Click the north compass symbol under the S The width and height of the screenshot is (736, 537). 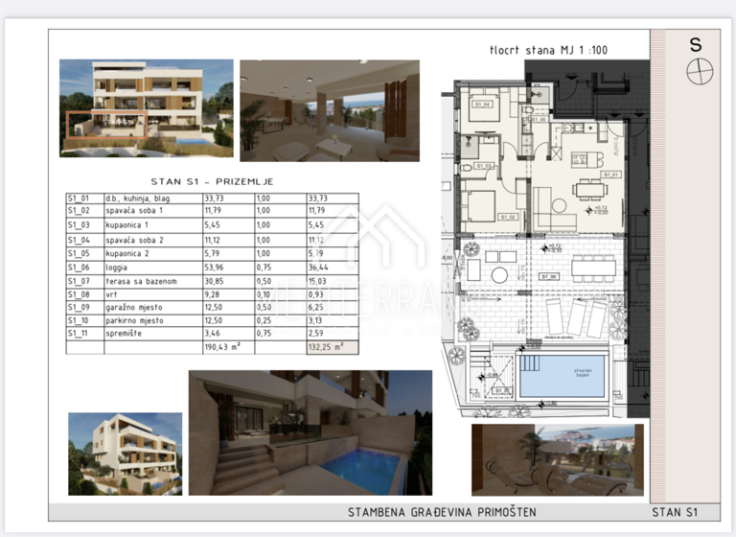[699, 71]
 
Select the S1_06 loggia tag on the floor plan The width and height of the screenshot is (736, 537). [549, 276]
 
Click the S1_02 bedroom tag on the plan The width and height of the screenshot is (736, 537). [509, 218]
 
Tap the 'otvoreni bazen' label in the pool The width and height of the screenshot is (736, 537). [563, 374]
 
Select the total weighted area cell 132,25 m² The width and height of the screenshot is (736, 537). [326, 347]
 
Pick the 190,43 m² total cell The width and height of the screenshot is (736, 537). [222, 347]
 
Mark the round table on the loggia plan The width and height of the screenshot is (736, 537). [500, 275]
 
